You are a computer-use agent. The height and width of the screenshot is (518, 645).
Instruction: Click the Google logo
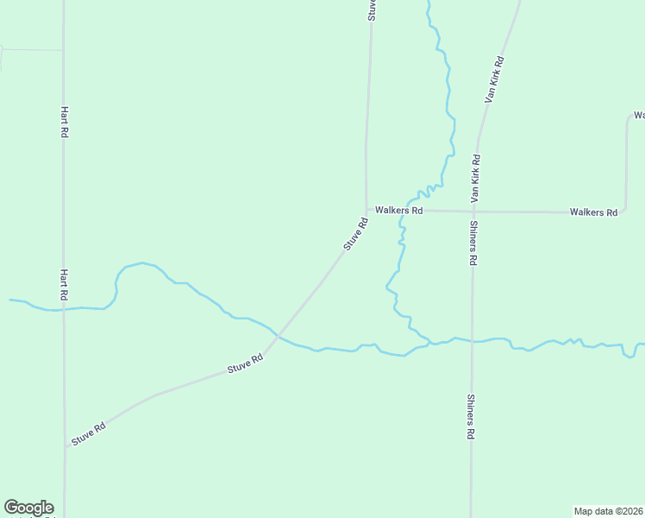[x=28, y=508]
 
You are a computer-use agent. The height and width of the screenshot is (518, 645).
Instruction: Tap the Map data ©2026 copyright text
[x=609, y=510]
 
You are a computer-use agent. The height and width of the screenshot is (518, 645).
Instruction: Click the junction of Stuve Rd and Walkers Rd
[x=366, y=210]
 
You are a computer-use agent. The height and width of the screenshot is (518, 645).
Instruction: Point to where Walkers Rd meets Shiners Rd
[x=473, y=212]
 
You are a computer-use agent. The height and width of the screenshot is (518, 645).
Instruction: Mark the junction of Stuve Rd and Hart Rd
[x=65, y=447]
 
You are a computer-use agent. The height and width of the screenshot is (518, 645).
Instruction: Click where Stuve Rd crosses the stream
[x=277, y=334]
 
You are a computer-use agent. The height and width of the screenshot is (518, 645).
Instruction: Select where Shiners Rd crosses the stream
[x=473, y=341]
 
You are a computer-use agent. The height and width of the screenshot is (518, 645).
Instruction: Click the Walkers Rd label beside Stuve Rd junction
[x=398, y=211]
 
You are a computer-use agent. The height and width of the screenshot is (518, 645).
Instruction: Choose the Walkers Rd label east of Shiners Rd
[x=593, y=212]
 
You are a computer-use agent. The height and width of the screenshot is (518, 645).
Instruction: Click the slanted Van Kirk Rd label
[x=494, y=80]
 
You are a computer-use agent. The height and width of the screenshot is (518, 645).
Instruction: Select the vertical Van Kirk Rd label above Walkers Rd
[x=475, y=179]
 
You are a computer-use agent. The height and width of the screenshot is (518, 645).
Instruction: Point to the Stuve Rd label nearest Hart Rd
[x=89, y=433]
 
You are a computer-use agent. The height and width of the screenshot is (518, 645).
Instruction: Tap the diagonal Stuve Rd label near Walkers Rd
[x=355, y=234]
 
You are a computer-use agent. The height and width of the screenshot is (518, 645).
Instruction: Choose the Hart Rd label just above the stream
[x=64, y=284]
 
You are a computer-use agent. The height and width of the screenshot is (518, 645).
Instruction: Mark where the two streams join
[x=430, y=344]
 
